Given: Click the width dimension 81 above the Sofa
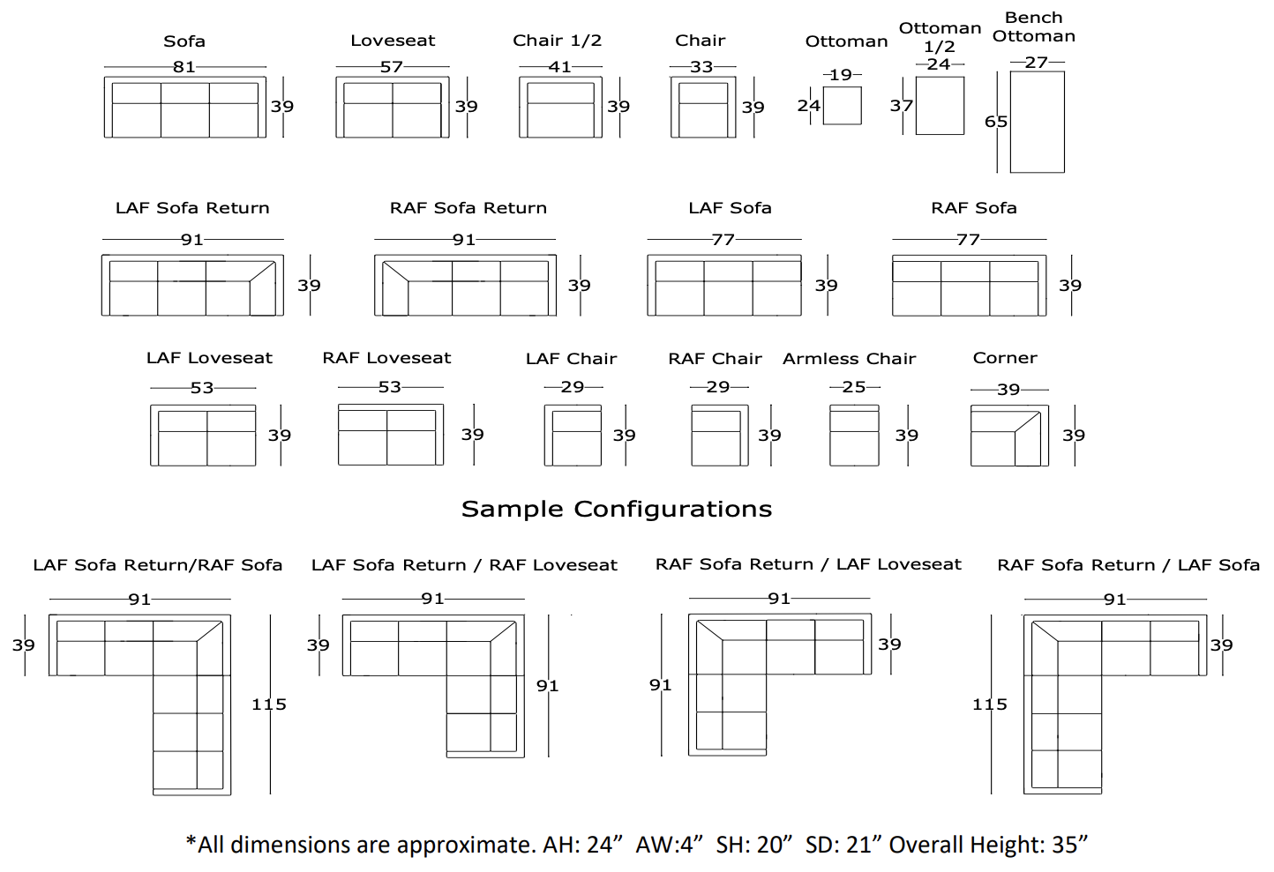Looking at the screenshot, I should point(184,67).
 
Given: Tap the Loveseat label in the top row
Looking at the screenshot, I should point(393,41).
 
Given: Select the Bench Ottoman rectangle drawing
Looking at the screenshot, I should point(1037,122).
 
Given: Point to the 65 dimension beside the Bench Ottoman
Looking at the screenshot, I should point(996,122).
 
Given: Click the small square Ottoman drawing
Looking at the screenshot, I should point(842,106).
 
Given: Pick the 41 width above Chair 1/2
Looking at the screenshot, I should point(560,67).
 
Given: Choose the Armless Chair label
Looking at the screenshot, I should point(849,359).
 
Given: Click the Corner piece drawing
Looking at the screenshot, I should point(1009,436).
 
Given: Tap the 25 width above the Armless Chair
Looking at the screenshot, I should point(854,387).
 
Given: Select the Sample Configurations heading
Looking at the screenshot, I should point(617,509).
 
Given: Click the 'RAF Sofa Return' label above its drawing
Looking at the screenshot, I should point(468,208).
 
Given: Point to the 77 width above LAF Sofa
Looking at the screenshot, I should point(723,239).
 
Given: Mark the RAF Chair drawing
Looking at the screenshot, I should point(719,436).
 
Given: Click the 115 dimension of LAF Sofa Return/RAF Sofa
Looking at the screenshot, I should point(269,704).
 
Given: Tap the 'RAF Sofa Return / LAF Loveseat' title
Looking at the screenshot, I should point(808,564).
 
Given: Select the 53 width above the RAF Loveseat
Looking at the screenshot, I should point(390,387).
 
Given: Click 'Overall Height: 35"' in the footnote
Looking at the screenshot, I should point(988,845).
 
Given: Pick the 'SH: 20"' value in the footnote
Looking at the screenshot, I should point(754,845).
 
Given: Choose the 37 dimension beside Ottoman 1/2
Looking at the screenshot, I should point(901,106).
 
